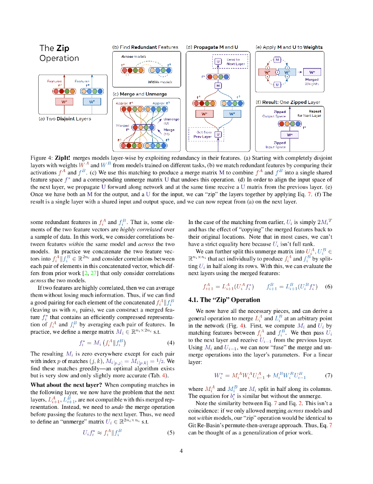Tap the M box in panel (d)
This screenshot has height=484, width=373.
coord(218,86)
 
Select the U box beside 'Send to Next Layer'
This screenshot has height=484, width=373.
coord(218,61)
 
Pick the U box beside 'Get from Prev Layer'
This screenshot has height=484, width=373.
coord(218,135)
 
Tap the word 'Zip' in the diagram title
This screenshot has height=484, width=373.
coord(63,48)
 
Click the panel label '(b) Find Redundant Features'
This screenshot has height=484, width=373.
coord(145,47)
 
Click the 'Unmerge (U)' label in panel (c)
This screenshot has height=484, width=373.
coord(168,121)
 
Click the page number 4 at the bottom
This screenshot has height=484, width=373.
coord(181,450)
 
